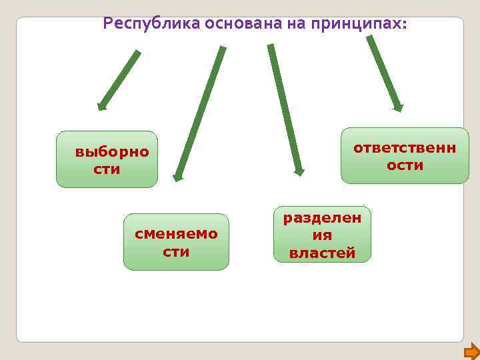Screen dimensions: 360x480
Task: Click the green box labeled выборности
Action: (x=107, y=159)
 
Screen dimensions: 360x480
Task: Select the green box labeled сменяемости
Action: (x=176, y=241)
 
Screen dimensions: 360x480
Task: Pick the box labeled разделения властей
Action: (x=322, y=234)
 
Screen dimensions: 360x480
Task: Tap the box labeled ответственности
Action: (x=405, y=155)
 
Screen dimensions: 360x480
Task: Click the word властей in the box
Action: (x=322, y=253)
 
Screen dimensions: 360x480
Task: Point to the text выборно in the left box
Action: (x=112, y=152)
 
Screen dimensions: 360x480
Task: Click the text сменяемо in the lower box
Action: (x=176, y=234)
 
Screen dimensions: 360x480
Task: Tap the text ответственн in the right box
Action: (x=405, y=147)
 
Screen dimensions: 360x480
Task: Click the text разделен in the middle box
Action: (x=322, y=217)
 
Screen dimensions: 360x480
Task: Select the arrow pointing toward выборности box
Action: (x=120, y=79)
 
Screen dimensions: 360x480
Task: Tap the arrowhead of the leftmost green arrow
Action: (x=101, y=105)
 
